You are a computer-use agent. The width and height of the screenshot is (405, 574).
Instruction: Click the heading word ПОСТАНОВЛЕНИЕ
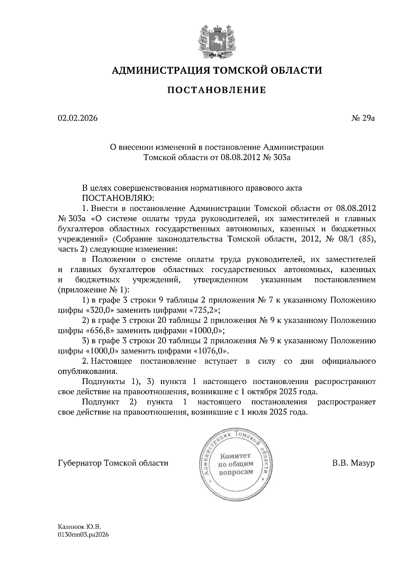(x=217, y=90)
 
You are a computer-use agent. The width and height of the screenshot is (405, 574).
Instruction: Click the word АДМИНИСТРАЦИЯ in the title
(x=158, y=70)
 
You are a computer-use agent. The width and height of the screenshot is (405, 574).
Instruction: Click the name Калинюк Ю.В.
(x=80, y=527)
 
